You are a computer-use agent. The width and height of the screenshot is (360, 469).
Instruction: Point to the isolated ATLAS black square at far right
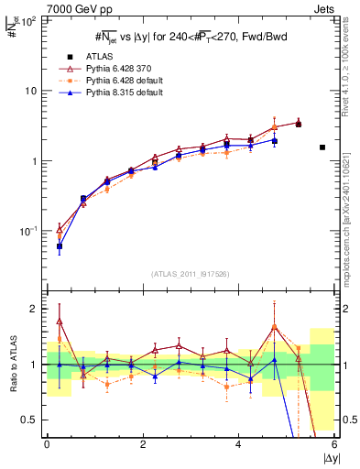(x=322, y=147)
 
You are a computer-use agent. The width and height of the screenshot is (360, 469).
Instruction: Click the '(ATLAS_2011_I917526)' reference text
(x=190, y=274)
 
